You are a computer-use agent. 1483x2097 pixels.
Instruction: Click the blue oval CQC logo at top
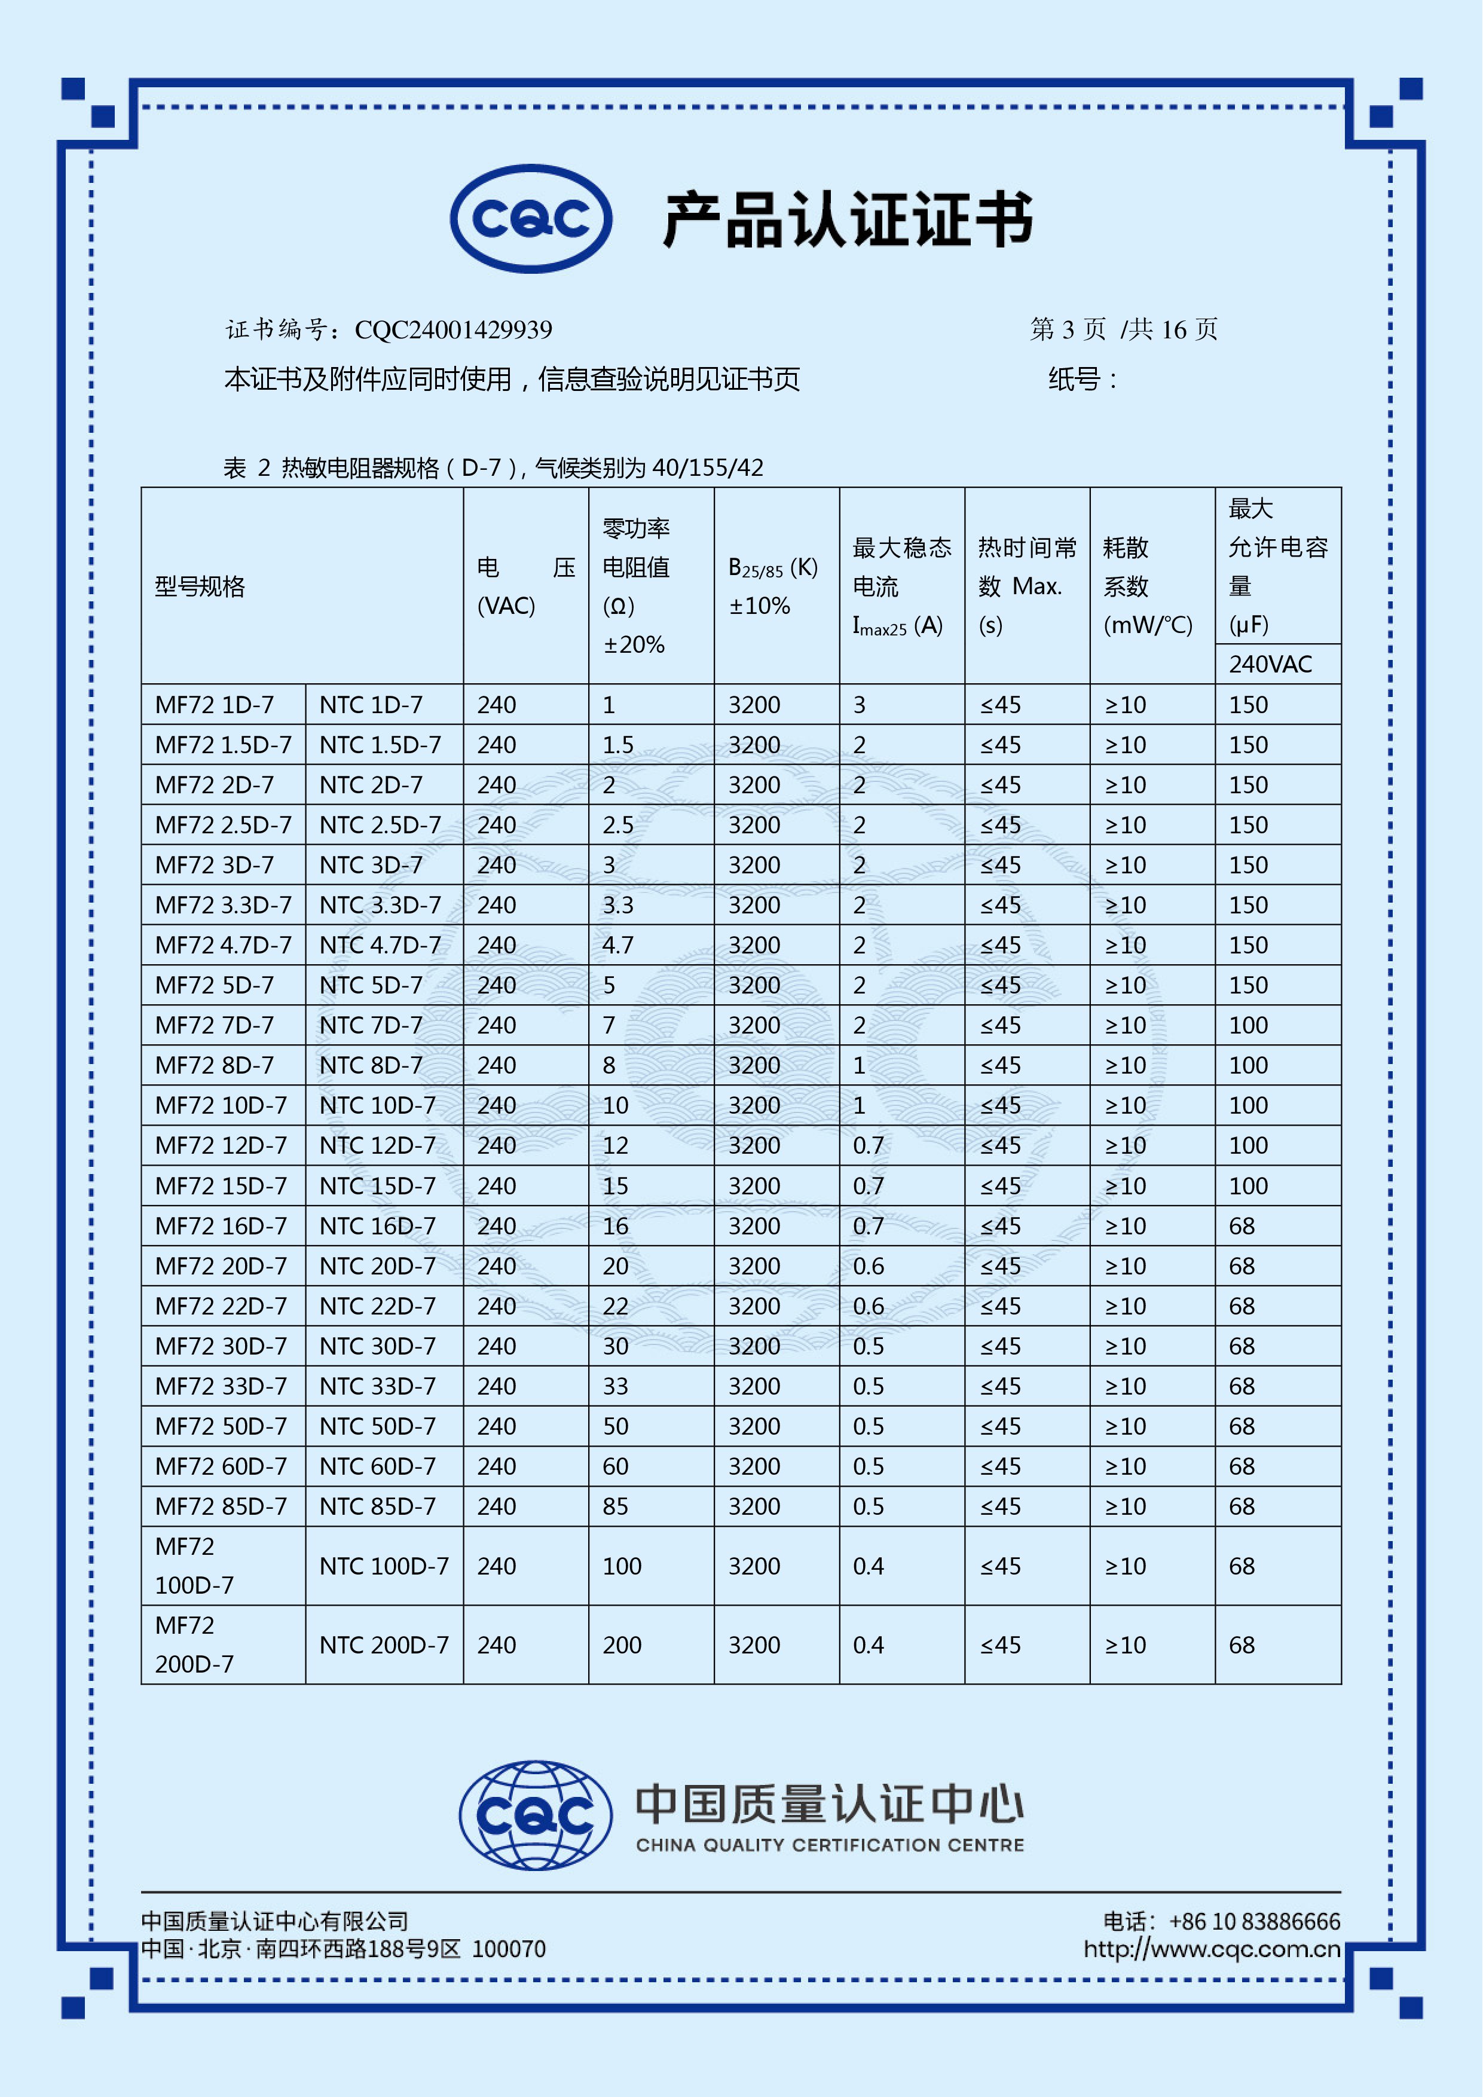[x=531, y=219]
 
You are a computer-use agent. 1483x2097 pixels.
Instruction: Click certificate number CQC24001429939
[x=453, y=330]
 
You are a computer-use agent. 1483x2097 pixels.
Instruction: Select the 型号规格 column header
[x=200, y=586]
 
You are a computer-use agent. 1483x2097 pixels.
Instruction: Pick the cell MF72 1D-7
[x=215, y=705]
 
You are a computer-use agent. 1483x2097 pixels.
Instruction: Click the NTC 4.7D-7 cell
[x=380, y=945]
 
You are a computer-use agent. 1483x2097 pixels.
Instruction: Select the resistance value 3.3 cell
[x=618, y=905]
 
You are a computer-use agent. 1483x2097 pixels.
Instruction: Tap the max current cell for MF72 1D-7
[x=860, y=705]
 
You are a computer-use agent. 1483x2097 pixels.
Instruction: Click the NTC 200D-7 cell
[x=384, y=1645]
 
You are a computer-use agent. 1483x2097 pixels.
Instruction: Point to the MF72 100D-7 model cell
[x=194, y=1566]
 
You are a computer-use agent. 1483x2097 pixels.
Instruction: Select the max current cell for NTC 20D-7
[x=869, y=1266]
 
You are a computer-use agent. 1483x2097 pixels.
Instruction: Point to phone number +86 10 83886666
[x=1254, y=1922]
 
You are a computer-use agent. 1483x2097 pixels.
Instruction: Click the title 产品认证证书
[x=848, y=220]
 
